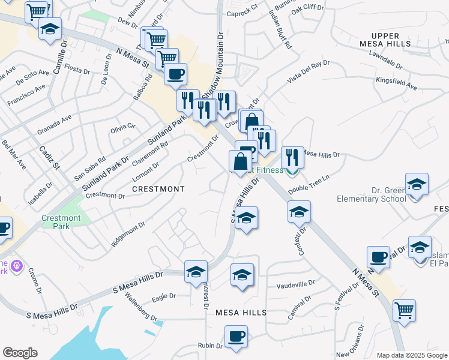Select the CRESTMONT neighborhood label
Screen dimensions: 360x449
click(x=158, y=189)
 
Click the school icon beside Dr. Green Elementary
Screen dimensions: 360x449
click(x=417, y=185)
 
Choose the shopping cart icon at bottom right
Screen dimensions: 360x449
click(x=404, y=311)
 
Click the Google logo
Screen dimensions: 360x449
click(x=20, y=353)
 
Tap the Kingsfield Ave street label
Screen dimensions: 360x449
click(x=396, y=83)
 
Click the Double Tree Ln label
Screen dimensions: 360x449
click(x=309, y=185)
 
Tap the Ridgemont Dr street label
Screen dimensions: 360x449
click(x=128, y=235)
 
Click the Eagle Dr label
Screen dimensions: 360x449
click(x=163, y=296)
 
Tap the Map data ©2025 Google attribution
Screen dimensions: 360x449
click(x=412, y=355)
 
